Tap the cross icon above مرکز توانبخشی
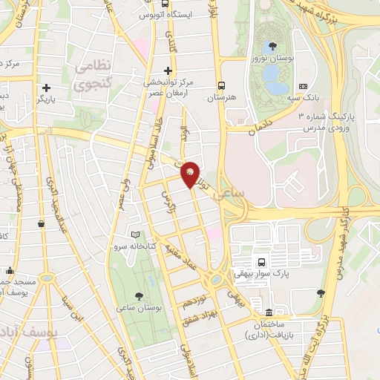(x=168, y=71)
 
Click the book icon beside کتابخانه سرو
(x=134, y=235)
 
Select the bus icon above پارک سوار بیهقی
(x=261, y=261)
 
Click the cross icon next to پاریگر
(x=46, y=87)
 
